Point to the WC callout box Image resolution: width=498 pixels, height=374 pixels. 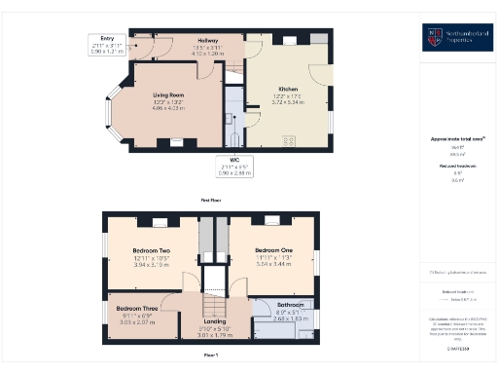pyautogui.click(x=234, y=168)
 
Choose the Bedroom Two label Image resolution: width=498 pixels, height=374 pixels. pyautogui.click(x=151, y=250)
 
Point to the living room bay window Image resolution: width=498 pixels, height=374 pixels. pyautogui.click(x=110, y=109)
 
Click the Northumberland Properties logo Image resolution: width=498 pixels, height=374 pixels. pyautogui.click(x=450, y=38)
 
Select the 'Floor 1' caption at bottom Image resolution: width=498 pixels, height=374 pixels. pyautogui.click(x=212, y=355)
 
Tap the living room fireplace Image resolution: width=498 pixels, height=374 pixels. pyautogui.click(x=177, y=143)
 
